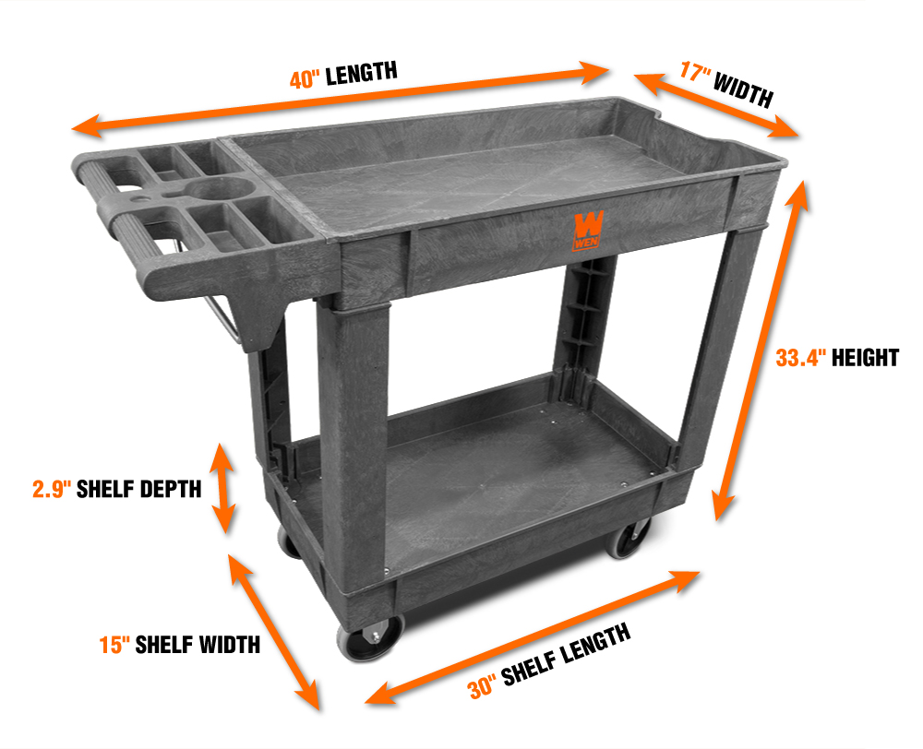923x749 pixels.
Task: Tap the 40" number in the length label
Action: click(x=305, y=78)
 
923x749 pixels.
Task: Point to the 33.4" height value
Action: click(x=800, y=358)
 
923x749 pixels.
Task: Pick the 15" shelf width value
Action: click(x=114, y=644)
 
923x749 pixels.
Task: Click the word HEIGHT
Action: click(x=865, y=358)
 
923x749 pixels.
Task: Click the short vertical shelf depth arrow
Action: click(x=223, y=488)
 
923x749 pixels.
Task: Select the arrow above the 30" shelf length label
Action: click(x=533, y=636)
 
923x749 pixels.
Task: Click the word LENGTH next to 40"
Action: click(x=361, y=72)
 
